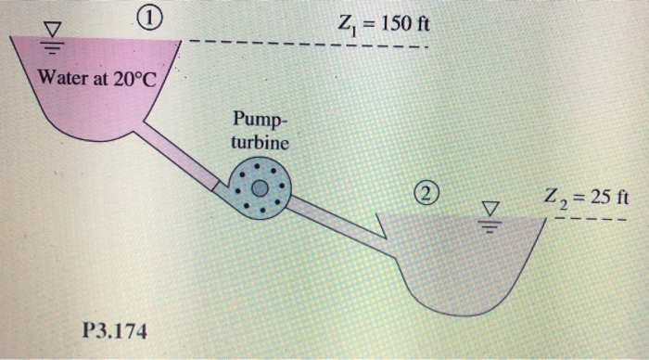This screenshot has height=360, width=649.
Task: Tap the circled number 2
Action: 425,194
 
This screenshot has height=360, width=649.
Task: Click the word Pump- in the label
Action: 260,120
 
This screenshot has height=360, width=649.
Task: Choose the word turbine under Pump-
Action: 261,143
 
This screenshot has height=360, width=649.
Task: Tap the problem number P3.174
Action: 113,329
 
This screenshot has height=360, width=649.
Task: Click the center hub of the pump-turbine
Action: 261,187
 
